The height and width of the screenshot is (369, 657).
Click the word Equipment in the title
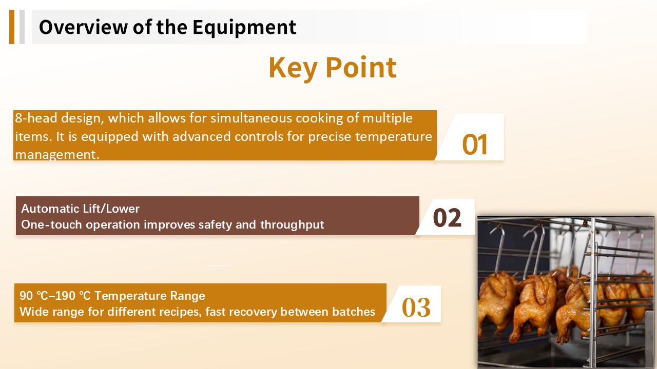click(x=244, y=28)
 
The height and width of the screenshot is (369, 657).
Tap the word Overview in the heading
click(x=83, y=27)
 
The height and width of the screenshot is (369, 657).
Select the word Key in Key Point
click(x=293, y=69)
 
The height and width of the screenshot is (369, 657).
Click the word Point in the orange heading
click(x=361, y=67)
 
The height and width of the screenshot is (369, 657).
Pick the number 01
click(x=475, y=145)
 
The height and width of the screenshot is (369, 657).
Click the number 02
click(x=447, y=218)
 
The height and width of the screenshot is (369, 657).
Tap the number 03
click(x=416, y=307)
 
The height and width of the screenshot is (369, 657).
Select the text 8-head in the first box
click(x=36, y=118)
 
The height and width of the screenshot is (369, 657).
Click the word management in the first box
click(x=57, y=155)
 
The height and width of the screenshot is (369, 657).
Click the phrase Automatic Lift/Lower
click(x=80, y=209)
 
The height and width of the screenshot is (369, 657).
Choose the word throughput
click(x=292, y=225)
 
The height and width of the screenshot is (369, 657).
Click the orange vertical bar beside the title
click(x=12, y=27)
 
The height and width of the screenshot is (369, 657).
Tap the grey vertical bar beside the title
click(x=22, y=27)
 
